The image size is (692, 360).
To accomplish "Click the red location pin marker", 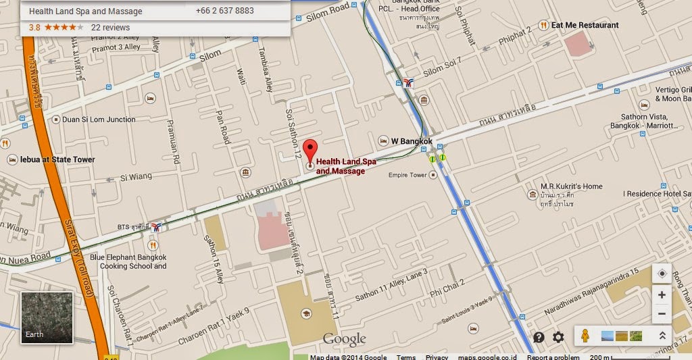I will (x=310, y=151).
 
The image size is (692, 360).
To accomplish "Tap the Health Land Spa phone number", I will (x=224, y=11).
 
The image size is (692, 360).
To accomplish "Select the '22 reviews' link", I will (x=110, y=28).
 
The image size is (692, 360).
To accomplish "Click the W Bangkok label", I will (x=411, y=141).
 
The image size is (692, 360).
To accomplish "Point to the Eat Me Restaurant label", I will (x=585, y=25).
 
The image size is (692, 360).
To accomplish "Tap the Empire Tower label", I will (x=407, y=175).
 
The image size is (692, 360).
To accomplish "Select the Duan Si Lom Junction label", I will (x=99, y=120).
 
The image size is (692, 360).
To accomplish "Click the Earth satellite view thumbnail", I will (x=45, y=316).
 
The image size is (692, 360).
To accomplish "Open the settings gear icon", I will (x=558, y=337).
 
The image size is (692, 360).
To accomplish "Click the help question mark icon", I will (x=539, y=337).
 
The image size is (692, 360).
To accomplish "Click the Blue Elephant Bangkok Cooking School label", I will (x=128, y=261).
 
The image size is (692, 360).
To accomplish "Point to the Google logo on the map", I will (x=344, y=339).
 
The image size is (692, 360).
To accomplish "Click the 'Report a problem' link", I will (x=553, y=357).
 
